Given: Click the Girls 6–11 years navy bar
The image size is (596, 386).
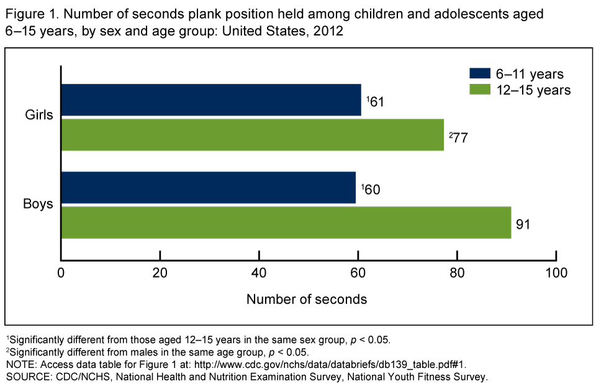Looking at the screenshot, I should tap(211, 99).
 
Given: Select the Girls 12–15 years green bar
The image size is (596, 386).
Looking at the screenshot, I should tap(252, 135).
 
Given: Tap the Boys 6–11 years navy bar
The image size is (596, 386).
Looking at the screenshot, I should tap(209, 188).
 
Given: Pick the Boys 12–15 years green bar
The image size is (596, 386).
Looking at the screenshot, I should tap(286, 223).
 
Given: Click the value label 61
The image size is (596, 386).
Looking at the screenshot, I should tap(376, 101).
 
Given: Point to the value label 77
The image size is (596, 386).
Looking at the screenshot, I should tap(459, 137).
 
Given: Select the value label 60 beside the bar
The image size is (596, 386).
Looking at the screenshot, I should tap(371, 189).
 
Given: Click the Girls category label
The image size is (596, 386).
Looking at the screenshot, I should tap(38, 115).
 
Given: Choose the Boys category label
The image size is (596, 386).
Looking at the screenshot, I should tap(38, 203).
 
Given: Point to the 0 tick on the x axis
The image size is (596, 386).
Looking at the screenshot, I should tap(61, 273).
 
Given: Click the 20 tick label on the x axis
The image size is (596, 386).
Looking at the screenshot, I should tap(160, 273).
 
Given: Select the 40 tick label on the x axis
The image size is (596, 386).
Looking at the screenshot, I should tap(259, 273).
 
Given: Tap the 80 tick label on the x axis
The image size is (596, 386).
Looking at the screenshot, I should tap(457, 273).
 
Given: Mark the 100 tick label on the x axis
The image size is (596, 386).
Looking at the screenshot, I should tap(556, 273).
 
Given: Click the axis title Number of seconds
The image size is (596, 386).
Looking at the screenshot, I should tap(307, 299).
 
